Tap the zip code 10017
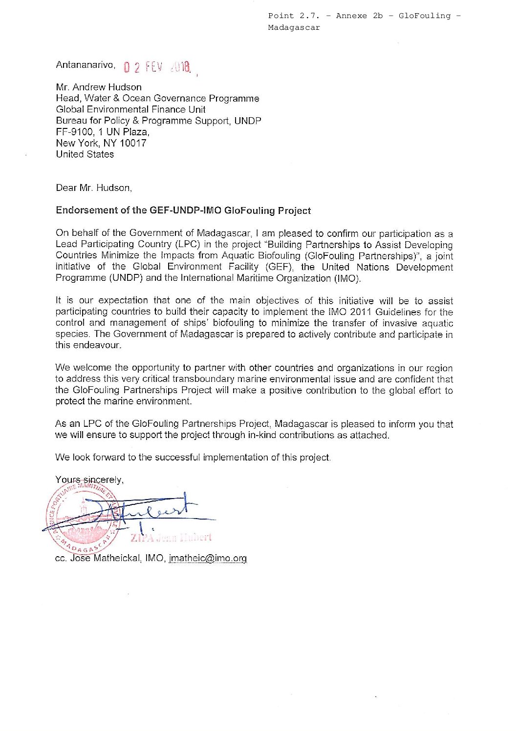pos(133,143)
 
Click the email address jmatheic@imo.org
pos(208,558)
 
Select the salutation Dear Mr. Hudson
pos(94,188)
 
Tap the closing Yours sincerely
pos(89,480)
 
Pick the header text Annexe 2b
pos(359,16)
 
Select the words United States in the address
pos(85,154)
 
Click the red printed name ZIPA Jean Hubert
pos(171,538)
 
